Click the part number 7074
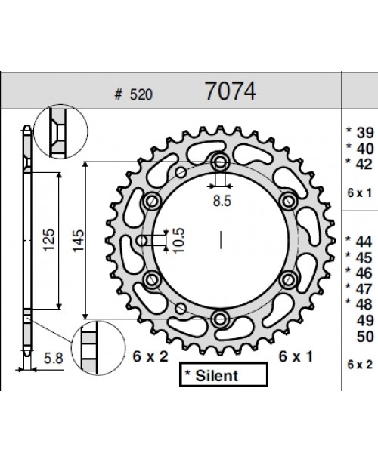231,91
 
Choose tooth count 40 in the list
365,148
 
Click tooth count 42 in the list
365,163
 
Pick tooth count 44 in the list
365,242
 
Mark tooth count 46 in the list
365,273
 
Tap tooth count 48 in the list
365,303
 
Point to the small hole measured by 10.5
143,241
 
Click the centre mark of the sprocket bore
220,240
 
